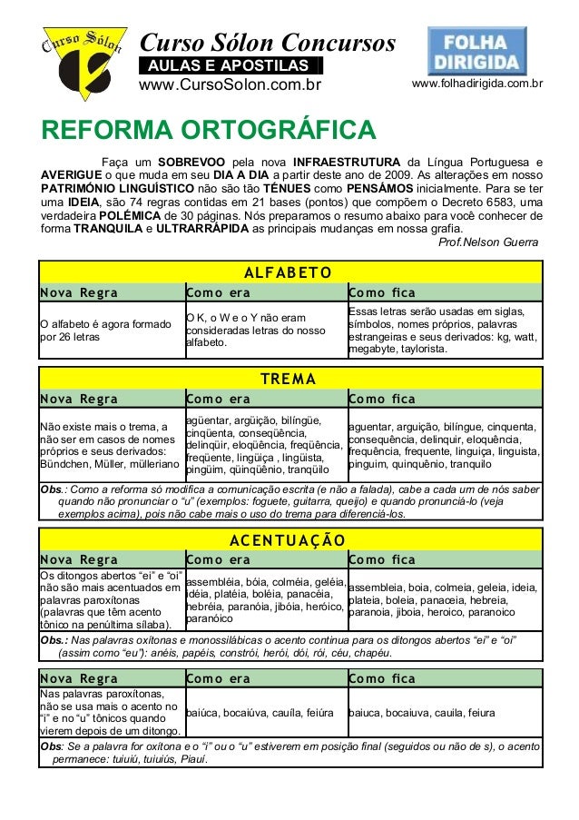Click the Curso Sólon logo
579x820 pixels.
point(81,55)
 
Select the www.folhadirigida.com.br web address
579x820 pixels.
point(477,84)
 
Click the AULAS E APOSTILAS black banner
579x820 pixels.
point(231,65)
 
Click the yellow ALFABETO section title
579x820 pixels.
point(289,272)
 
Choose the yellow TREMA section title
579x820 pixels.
point(289,378)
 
